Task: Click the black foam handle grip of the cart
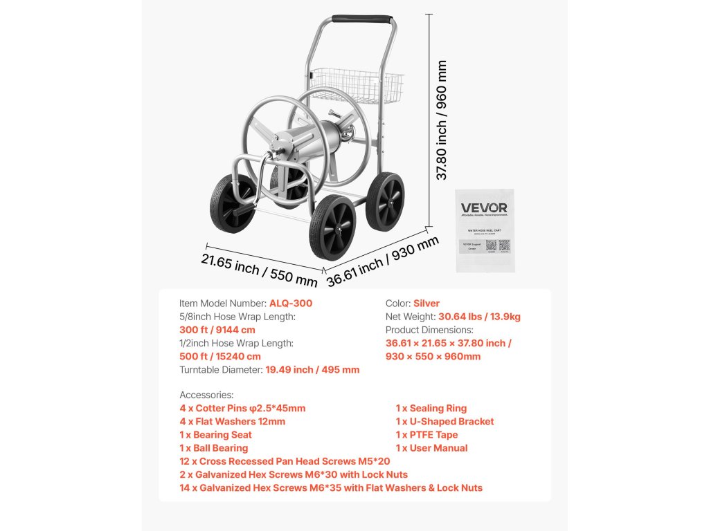[x=361, y=19]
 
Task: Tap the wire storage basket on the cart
[x=357, y=85]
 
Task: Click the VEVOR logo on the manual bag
[x=484, y=208]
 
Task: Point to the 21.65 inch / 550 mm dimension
[x=259, y=270]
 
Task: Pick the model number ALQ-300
[x=291, y=304]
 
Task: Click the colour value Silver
[x=427, y=304]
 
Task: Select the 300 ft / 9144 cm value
[x=217, y=330]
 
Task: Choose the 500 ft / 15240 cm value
[x=220, y=356]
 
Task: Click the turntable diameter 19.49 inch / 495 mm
[x=312, y=369]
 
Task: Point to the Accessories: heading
[x=206, y=395]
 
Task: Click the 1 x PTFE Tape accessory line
[x=427, y=435]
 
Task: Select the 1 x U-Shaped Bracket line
[x=445, y=422]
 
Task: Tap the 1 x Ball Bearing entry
[x=213, y=448]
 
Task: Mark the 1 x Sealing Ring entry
[x=431, y=409]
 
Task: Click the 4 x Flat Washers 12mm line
[x=232, y=422]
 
